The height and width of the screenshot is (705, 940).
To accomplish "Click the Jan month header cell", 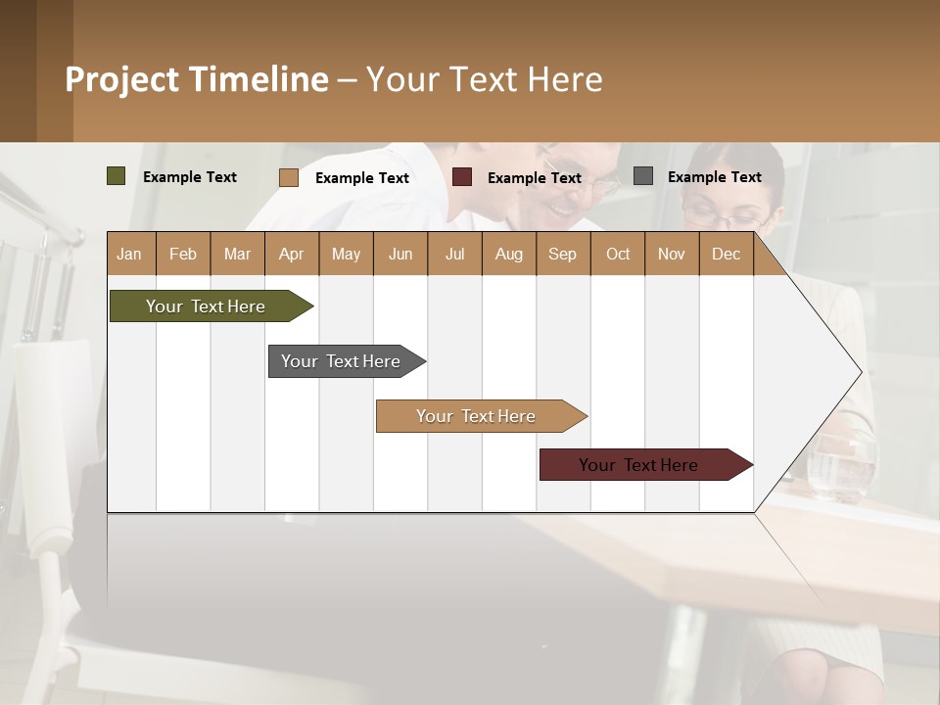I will [130, 254].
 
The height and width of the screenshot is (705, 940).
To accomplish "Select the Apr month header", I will [291, 254].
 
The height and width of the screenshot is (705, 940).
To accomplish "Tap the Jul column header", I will [454, 254].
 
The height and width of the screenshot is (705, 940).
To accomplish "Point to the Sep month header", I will [562, 254].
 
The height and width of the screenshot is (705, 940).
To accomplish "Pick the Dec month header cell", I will [726, 254].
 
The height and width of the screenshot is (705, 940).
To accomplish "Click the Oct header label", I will [617, 254].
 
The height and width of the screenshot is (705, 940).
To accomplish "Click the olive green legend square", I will [116, 176].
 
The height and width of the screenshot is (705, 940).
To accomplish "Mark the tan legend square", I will [288, 177].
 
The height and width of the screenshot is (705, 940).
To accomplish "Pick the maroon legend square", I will [462, 177].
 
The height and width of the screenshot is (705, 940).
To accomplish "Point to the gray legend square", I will [643, 176].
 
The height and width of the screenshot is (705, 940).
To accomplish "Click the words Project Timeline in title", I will [197, 79].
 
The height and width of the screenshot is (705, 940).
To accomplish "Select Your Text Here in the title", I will [484, 79].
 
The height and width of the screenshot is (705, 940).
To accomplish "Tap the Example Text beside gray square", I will [714, 176].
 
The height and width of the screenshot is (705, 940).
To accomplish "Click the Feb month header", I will [183, 254].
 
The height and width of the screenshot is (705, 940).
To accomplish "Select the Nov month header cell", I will [671, 254].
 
